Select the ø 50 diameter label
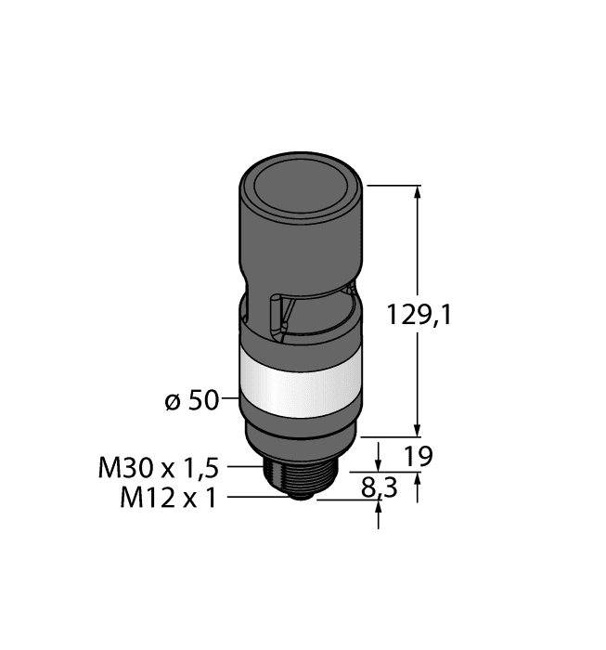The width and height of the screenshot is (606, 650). coord(190,400)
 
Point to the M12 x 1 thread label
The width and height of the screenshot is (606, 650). coord(168,498)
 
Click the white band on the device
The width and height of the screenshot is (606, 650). coord(300,380)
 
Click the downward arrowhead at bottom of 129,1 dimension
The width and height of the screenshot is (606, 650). coord(417,429)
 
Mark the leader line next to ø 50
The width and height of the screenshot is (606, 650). coord(231,400)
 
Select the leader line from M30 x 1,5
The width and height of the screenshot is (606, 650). coord(246,466)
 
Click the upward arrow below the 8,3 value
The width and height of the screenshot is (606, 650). coord(379,515)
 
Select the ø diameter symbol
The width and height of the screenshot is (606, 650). coord(170,401)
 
